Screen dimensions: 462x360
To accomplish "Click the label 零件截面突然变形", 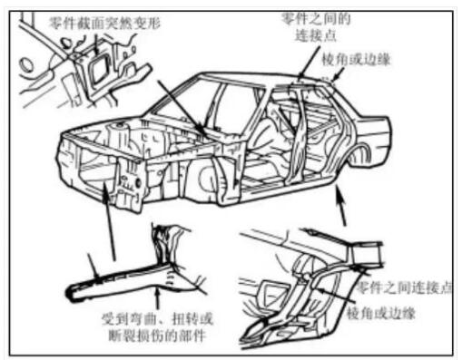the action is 104,23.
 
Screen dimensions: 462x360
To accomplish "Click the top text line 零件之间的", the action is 316,19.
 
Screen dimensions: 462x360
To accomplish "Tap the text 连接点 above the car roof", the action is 316,35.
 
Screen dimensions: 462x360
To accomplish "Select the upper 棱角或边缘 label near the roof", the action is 356,59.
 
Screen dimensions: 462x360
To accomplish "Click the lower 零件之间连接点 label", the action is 404,287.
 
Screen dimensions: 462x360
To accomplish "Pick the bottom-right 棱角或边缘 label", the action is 380,313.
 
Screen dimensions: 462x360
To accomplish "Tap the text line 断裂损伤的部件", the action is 158,336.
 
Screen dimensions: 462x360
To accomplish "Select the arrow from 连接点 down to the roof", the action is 309,62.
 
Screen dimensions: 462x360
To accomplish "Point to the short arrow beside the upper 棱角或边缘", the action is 339,74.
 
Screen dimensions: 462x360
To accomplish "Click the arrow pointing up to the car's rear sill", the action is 341,206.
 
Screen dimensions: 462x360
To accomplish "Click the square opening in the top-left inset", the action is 99,71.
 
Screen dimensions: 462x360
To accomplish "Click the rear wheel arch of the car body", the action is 359,151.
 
